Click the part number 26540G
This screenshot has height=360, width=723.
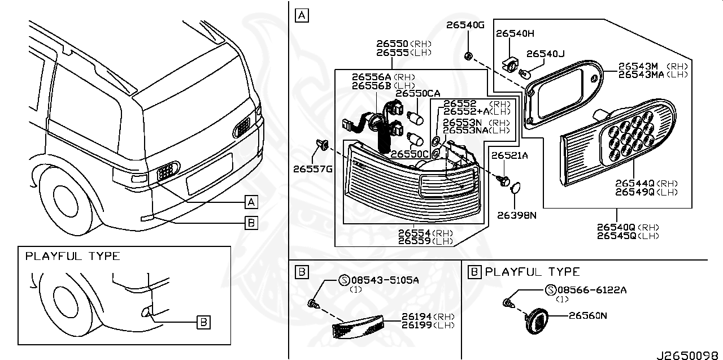pyautogui.click(x=465, y=25)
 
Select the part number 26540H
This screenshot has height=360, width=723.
pyautogui.click(x=515, y=33)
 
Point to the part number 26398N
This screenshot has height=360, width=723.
pyautogui.click(x=516, y=215)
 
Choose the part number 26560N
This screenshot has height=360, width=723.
pyautogui.click(x=587, y=316)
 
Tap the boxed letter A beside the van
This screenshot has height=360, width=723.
pyautogui.click(x=251, y=202)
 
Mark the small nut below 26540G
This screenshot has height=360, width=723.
pyautogui.click(x=468, y=55)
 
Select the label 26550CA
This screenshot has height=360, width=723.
pyautogui.click(x=417, y=93)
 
